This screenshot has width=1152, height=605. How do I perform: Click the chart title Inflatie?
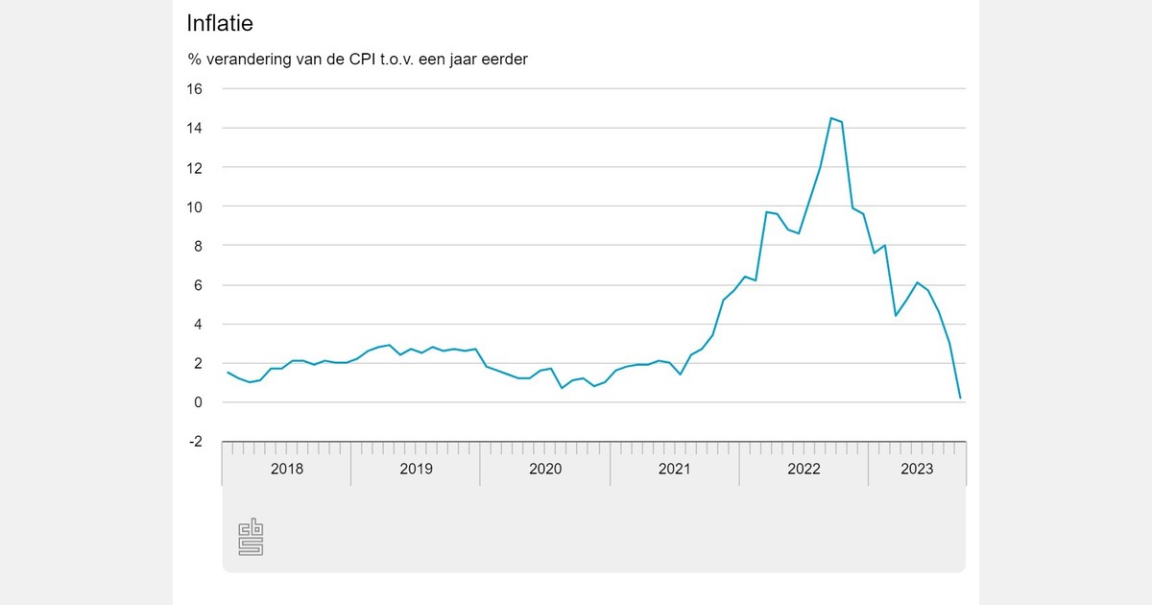click(220, 22)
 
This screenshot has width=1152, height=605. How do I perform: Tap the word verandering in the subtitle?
click(247, 60)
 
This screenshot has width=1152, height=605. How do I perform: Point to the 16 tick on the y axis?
click(195, 88)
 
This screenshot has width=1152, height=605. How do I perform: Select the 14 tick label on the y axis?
click(195, 128)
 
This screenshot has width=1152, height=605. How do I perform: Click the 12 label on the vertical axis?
click(195, 167)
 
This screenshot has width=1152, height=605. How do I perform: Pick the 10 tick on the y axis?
click(195, 206)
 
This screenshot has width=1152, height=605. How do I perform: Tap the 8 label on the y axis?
click(199, 246)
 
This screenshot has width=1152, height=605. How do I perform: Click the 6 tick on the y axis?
click(199, 285)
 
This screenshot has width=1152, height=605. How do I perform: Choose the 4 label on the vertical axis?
click(199, 325)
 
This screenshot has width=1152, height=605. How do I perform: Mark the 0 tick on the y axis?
click(199, 402)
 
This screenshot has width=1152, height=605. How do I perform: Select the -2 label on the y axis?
click(196, 442)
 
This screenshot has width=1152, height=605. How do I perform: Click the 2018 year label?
click(286, 469)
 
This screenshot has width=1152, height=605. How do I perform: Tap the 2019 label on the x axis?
click(416, 469)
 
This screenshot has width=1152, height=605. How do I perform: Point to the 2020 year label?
click(545, 469)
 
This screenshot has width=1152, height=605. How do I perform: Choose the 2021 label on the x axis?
click(674, 469)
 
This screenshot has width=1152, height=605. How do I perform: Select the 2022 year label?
click(804, 469)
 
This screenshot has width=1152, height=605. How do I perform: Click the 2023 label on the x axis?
click(917, 469)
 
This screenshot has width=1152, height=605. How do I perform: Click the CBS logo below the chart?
click(252, 537)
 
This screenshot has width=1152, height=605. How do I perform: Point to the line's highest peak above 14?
click(830, 118)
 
